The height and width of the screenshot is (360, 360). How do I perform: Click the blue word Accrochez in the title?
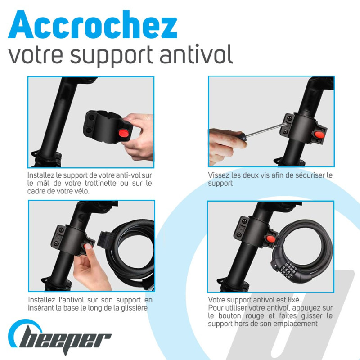pos(93,25)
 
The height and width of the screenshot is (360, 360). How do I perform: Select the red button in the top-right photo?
pos(319,134)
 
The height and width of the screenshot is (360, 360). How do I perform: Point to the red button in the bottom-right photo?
pos(271,239)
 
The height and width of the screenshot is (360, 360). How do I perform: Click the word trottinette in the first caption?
pos(100,183)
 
